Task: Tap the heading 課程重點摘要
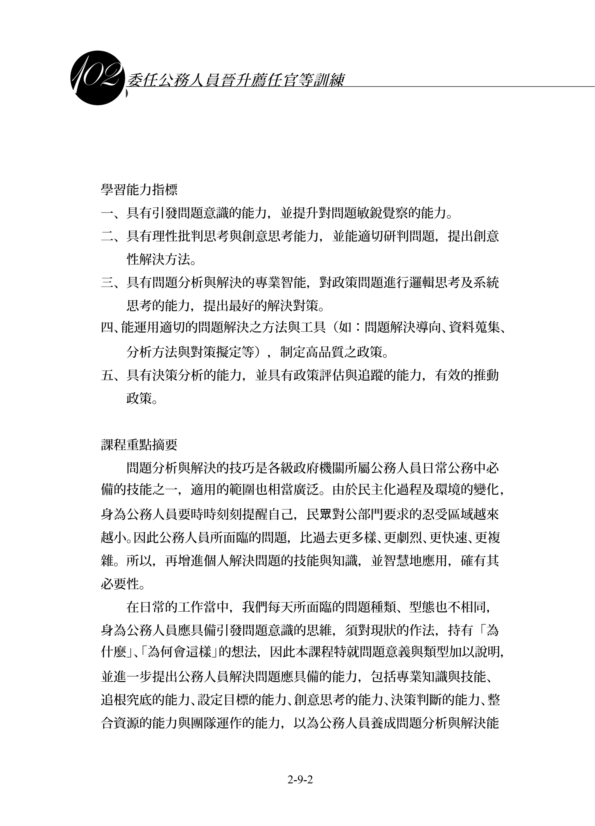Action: pos(139,444)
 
